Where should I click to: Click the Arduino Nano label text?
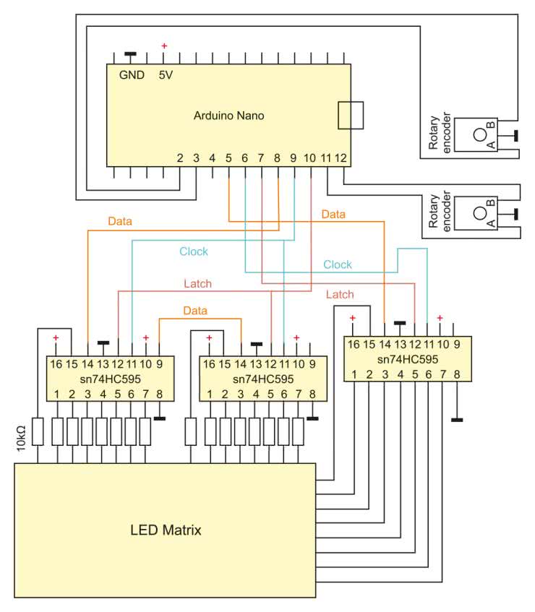coord(229,116)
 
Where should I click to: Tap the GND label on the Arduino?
coord(132,75)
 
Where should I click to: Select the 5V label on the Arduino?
coord(166,75)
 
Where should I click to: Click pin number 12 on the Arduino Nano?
coord(341,158)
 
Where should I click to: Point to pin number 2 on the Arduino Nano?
coord(180,158)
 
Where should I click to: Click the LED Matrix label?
coord(166,530)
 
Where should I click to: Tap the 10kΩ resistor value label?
coord(22,439)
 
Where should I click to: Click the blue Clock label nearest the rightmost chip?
coord(338,264)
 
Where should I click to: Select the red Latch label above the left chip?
coord(197,284)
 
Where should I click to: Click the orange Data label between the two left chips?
coord(194,311)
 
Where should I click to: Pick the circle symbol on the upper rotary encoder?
coord(479,134)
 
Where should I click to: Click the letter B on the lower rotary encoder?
coord(492,204)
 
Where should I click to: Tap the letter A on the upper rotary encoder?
coord(492,145)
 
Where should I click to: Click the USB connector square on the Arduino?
coord(351,115)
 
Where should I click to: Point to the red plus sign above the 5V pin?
coord(164,47)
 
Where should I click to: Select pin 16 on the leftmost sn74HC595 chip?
coord(56,363)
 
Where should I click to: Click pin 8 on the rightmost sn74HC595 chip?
coord(457,374)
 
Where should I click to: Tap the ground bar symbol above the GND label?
coord(130,54)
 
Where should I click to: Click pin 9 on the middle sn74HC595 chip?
coord(311,363)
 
